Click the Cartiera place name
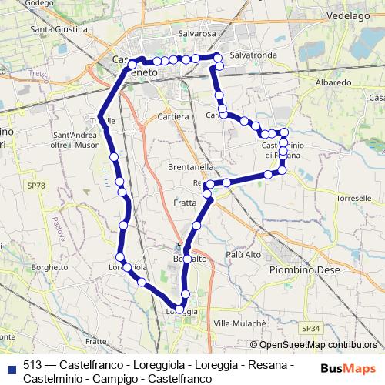coord(172,116)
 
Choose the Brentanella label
coord(189,166)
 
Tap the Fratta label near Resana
coord(185,203)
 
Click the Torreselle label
coord(355,198)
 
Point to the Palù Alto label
coord(244,254)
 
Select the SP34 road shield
coord(311,328)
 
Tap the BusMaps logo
coord(347,369)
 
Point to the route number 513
coord(32,364)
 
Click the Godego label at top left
coord(34,3)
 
